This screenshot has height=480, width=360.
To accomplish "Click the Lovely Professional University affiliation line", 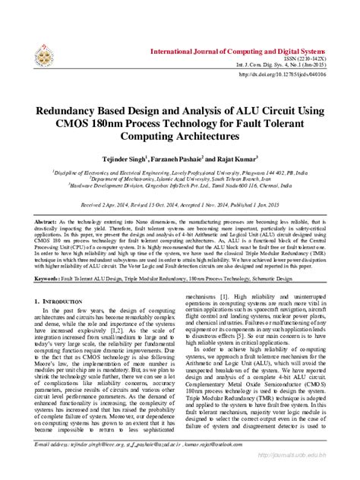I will click(x=180, y=172).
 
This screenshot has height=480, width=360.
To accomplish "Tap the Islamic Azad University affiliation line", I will click(x=180, y=179).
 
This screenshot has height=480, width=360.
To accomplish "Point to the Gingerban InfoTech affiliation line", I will click(x=180, y=186).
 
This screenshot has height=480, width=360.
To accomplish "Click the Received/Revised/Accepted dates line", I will click(x=180, y=205).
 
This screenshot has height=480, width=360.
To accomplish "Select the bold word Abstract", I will click(x=46, y=220).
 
